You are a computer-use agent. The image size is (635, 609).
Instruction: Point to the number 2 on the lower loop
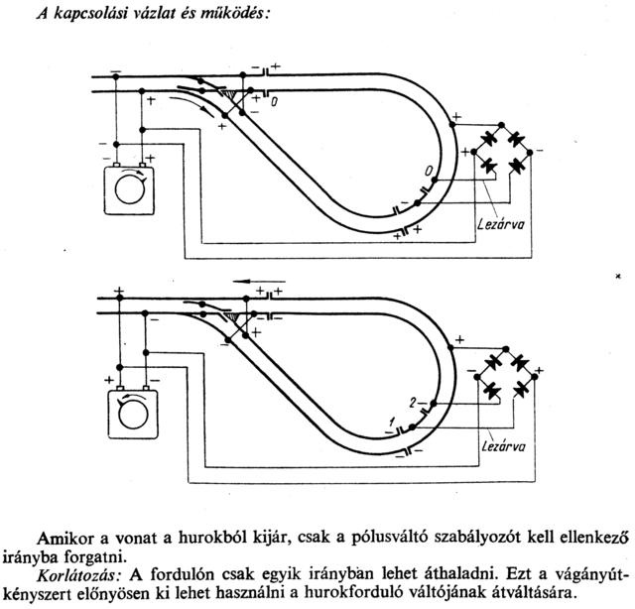pyautogui.click(x=410, y=402)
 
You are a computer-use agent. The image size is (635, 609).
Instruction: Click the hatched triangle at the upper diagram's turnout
pyautogui.click(x=236, y=96)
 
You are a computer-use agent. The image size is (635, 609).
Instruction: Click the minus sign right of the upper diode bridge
pyautogui.click(x=541, y=149)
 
